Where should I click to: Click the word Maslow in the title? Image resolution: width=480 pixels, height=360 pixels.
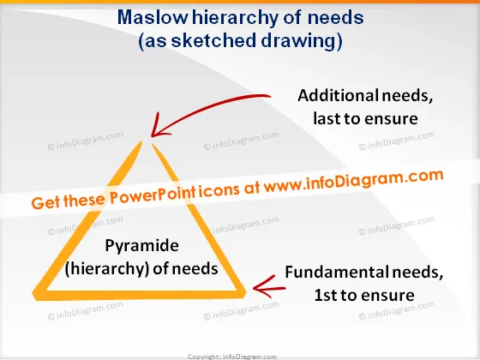tap(153, 17)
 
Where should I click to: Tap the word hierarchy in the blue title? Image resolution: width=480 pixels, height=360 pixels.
tap(235, 18)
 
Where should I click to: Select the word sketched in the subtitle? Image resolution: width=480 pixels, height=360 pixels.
tap(213, 41)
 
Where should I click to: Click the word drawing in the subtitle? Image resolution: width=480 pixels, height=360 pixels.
tap(299, 42)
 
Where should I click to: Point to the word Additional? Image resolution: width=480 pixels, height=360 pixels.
tap(338, 95)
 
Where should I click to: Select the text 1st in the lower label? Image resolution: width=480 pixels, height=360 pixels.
tap(326, 295)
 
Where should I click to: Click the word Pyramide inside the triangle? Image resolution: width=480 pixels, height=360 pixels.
tap(141, 246)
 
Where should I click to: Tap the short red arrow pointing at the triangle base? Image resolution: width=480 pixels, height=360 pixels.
tap(269, 287)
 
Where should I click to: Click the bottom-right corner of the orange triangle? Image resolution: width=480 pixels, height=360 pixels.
tap(243, 293)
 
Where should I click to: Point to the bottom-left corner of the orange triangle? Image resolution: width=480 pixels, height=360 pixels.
tap(35, 295)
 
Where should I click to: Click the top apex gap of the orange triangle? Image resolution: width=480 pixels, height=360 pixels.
tap(147, 143)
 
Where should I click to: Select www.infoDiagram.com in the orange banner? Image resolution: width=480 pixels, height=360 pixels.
tap(353, 181)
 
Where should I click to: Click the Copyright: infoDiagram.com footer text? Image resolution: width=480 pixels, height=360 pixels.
tap(232, 357)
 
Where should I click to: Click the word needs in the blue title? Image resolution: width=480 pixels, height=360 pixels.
tap(336, 17)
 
